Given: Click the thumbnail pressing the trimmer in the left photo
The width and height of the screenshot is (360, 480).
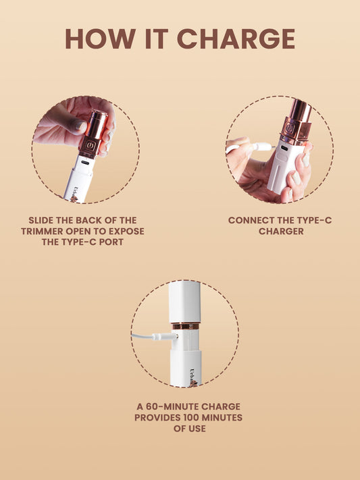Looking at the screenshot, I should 80,126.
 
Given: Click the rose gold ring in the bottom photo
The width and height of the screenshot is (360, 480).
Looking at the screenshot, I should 184,326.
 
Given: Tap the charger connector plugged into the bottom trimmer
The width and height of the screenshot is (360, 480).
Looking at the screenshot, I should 162,336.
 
